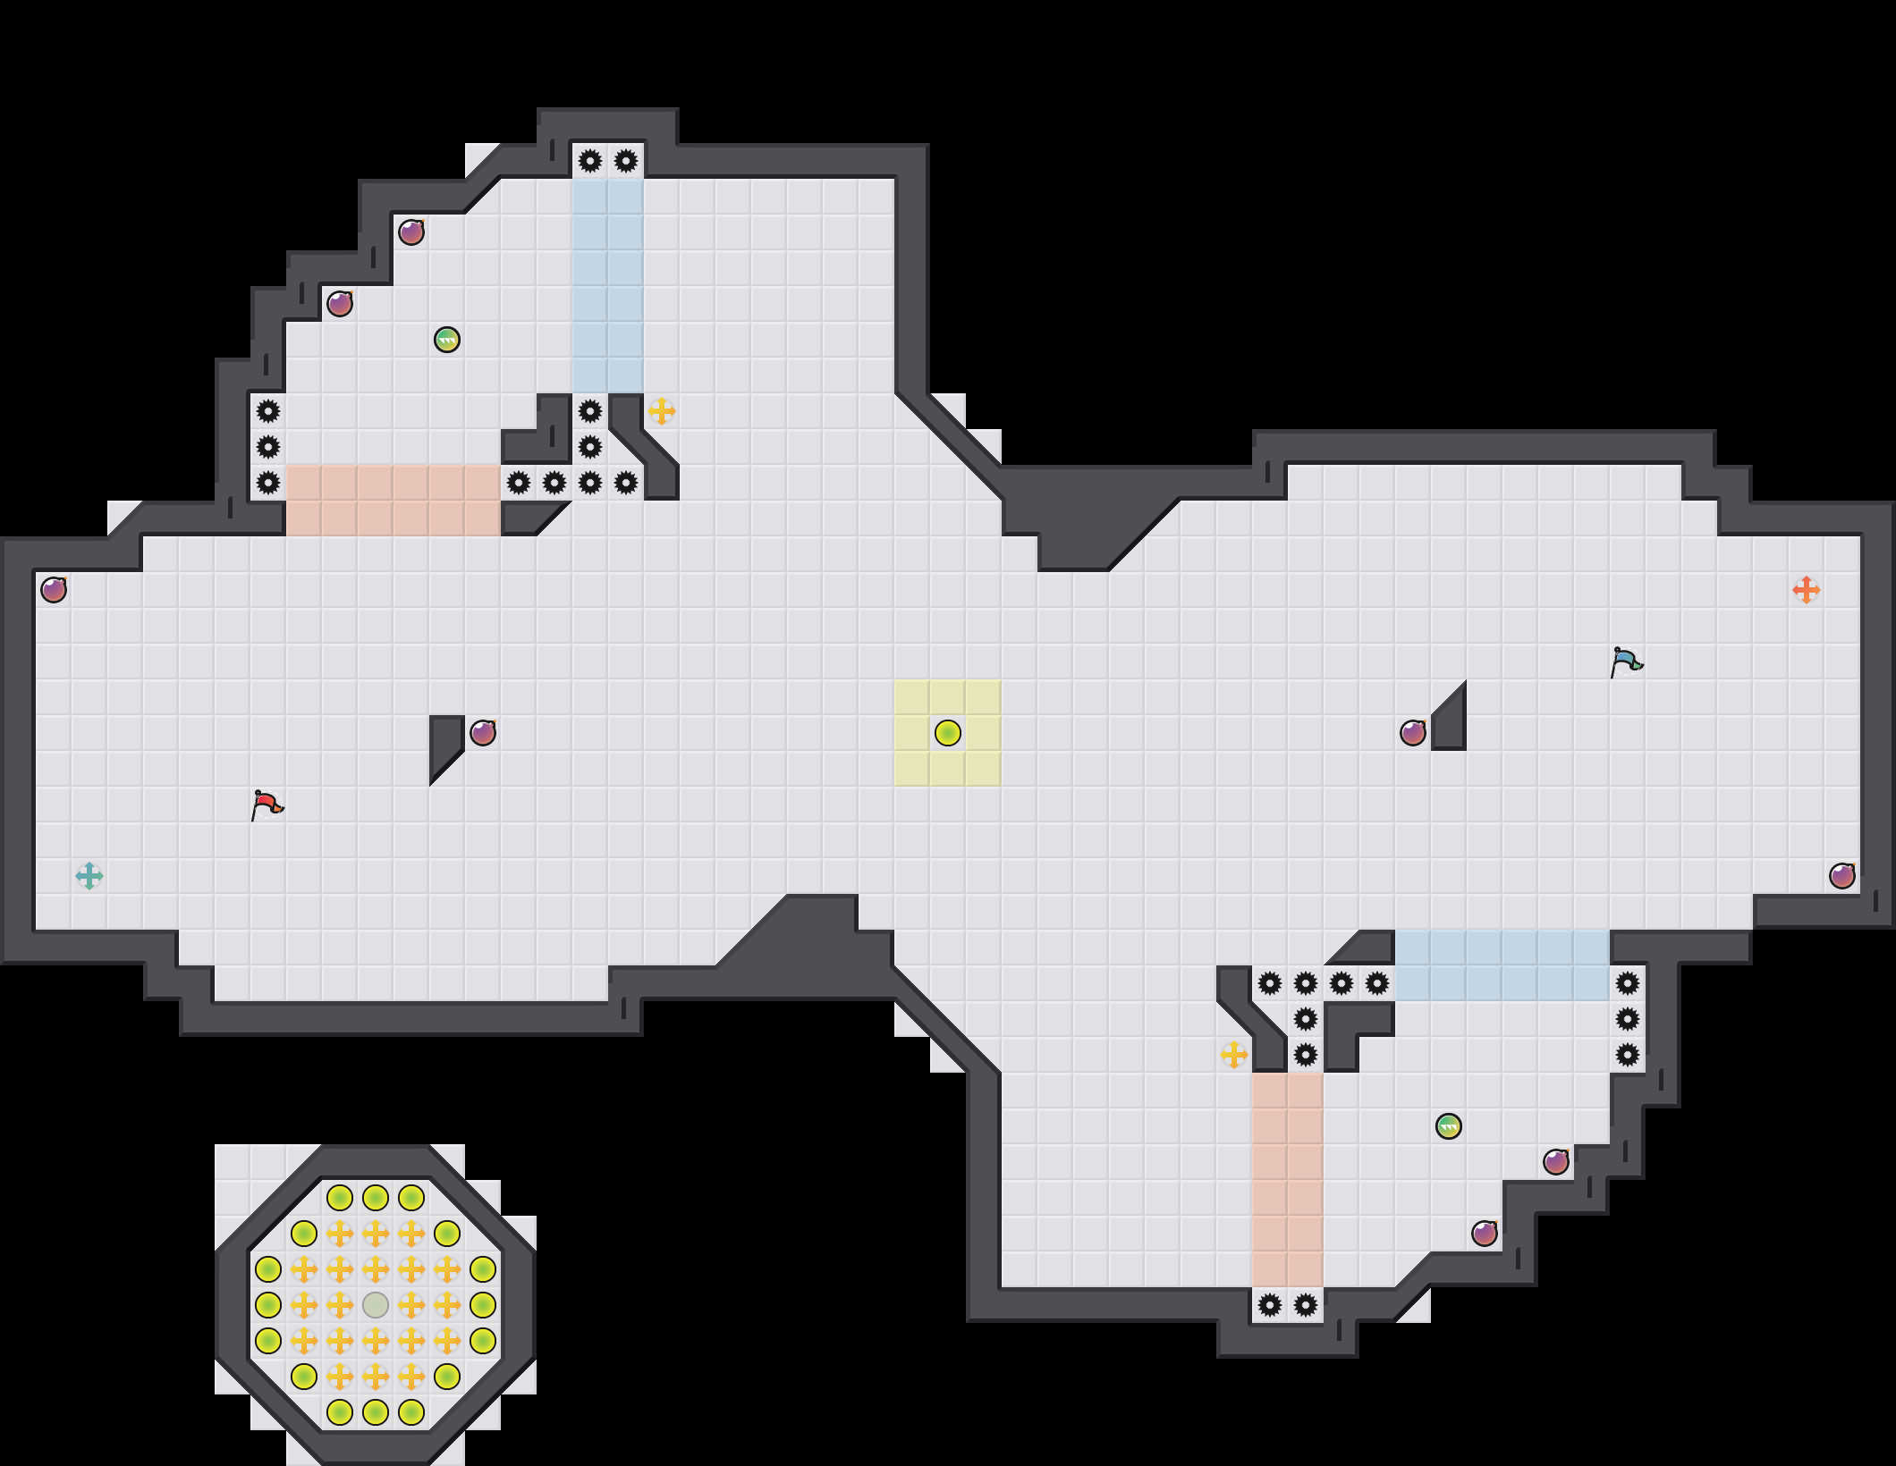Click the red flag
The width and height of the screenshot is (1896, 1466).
point(267,805)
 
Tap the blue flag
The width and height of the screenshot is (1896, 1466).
point(1626,661)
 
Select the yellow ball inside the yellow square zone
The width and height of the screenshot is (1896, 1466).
point(948,733)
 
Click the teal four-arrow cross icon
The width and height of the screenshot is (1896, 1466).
point(89,876)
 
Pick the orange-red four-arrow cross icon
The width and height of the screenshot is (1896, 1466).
point(1807,590)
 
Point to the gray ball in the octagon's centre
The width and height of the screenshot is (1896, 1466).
point(376,1305)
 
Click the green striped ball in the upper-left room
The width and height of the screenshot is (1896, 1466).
point(447,340)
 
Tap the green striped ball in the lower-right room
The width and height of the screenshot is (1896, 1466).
point(1449,1126)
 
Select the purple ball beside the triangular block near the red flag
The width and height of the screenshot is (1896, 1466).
point(483,733)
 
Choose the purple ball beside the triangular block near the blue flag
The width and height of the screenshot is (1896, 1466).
point(1413,733)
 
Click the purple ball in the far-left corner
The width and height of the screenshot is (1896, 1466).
point(54,590)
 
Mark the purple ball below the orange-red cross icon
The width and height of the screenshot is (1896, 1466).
point(1842,876)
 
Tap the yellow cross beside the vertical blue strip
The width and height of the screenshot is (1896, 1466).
point(662,411)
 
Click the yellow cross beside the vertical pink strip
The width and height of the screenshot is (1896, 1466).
point(1234,1055)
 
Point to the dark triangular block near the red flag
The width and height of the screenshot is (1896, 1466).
point(444,742)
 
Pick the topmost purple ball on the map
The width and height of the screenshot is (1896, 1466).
point(411,232)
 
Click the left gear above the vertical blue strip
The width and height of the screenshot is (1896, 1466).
point(590,161)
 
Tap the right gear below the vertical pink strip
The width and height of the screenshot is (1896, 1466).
point(1306,1305)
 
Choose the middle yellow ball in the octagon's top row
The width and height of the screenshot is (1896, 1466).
point(376,1198)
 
